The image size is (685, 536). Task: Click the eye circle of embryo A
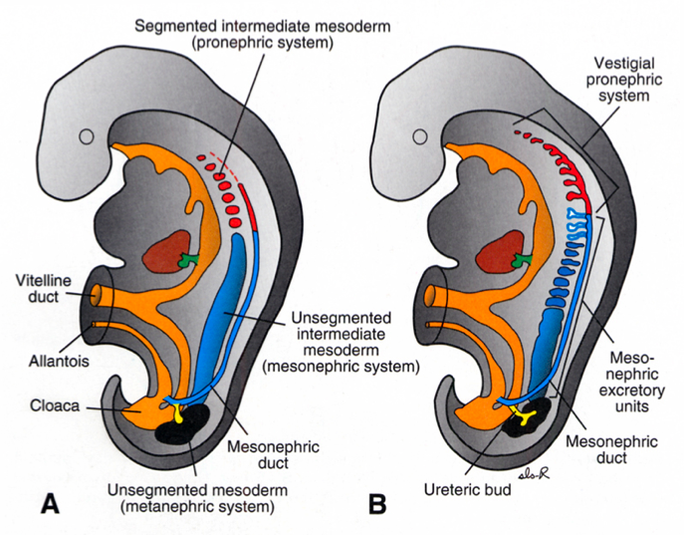pyautogui.click(x=88, y=136)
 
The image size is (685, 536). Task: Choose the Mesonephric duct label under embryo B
pyautogui.click(x=596, y=448)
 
